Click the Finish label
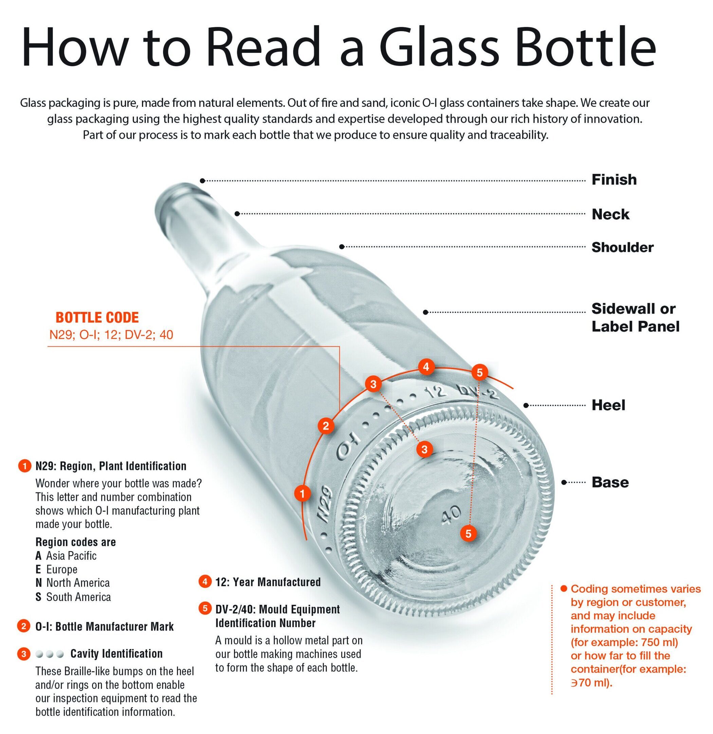tap(614, 180)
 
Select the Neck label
tap(610, 214)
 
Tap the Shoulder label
tap(622, 247)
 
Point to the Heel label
tap(608, 405)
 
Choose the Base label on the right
tap(610, 482)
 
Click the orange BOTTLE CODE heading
tap(97, 317)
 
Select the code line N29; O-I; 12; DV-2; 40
tap(111, 334)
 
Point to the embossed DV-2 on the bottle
tap(479, 391)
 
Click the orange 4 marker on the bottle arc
tap(426, 367)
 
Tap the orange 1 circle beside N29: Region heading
tap(24, 466)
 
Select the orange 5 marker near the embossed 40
tap(468, 533)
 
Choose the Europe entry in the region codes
tap(56, 569)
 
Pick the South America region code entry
tap(73, 597)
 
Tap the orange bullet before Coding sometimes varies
tap(563, 589)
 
